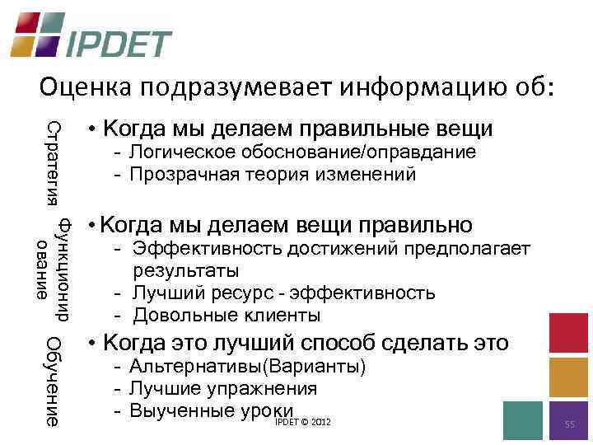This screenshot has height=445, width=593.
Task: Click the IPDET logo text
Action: pos(119,43)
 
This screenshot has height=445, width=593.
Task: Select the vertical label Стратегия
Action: pos(54,162)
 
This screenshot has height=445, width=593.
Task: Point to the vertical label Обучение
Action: pos(54,382)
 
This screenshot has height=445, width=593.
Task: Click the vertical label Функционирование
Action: pos(54,268)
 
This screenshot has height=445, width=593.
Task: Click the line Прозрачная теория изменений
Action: pos(272,174)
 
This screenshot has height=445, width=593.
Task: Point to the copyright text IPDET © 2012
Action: pos(303,422)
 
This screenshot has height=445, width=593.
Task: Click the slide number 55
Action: pos(569,424)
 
